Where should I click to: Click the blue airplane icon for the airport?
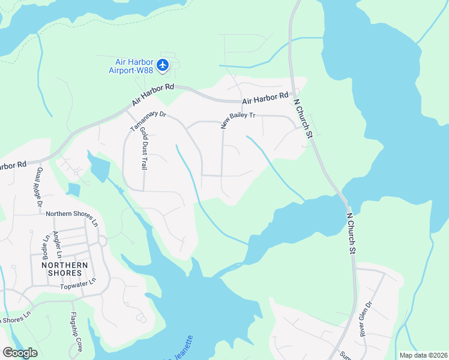click(163, 65)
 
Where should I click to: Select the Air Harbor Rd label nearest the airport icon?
click(152, 97)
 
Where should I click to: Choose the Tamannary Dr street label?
click(148, 116)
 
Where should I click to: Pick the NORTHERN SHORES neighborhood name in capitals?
click(64, 269)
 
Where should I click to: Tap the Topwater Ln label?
click(78, 284)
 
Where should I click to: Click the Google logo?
click(20, 353)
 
